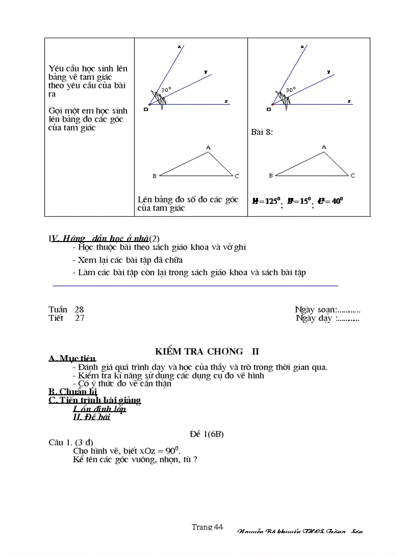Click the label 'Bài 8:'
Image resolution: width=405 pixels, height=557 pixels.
(262, 132)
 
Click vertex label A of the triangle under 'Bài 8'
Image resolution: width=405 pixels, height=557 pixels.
(324, 147)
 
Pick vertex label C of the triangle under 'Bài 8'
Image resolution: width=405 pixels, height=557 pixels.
(352, 176)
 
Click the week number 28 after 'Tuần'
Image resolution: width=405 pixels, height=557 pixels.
(79, 309)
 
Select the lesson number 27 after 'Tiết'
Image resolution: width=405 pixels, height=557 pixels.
(79, 318)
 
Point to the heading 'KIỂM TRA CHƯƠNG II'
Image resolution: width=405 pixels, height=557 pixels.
(207, 351)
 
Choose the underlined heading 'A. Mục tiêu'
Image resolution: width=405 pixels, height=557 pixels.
(72, 359)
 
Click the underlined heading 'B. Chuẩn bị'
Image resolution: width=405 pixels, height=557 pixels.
(72, 392)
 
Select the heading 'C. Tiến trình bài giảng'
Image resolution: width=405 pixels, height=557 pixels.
(94, 400)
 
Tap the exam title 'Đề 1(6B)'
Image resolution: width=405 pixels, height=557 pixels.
(207, 434)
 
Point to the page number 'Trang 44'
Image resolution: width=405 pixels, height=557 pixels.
(207, 527)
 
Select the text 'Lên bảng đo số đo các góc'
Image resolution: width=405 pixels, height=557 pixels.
(188, 199)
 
